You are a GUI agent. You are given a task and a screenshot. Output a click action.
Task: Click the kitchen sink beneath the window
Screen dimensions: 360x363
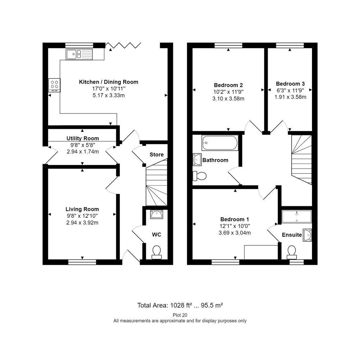[79, 54]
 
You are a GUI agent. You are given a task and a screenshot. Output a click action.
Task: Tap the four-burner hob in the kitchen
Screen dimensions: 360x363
[54, 85]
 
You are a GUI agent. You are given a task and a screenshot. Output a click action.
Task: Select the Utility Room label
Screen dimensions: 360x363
[83, 138]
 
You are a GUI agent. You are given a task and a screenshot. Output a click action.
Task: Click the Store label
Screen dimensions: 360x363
[156, 155]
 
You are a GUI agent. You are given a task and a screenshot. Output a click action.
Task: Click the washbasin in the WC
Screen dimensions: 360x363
[156, 214]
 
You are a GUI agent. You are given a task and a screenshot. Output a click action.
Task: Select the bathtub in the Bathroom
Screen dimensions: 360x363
[220, 143]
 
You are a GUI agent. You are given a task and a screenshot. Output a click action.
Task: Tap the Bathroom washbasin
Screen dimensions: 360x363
[197, 160]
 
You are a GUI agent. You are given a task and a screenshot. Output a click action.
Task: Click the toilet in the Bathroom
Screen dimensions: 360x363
[199, 176]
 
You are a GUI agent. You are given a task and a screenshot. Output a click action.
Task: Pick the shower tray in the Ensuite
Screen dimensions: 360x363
[297, 217]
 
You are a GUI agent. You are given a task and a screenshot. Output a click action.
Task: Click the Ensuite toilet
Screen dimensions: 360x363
[291, 252]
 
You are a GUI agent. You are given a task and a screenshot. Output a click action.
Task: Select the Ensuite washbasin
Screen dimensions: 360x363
[308, 235]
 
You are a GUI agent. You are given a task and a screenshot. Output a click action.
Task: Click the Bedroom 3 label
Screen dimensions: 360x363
[290, 84]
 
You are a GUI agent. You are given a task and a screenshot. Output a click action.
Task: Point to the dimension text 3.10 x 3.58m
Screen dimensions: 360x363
[228, 98]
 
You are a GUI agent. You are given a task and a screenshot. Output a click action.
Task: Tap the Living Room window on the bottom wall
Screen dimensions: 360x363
[82, 262]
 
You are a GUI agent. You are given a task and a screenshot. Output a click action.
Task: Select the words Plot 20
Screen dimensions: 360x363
[180, 315]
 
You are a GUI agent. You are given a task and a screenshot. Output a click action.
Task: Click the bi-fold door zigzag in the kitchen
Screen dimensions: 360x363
[123, 45]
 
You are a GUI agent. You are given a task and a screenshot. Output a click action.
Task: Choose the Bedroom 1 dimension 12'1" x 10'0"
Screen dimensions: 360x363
[235, 226]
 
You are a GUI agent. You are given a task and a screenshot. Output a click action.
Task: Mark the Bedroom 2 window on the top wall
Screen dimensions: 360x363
[228, 45]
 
